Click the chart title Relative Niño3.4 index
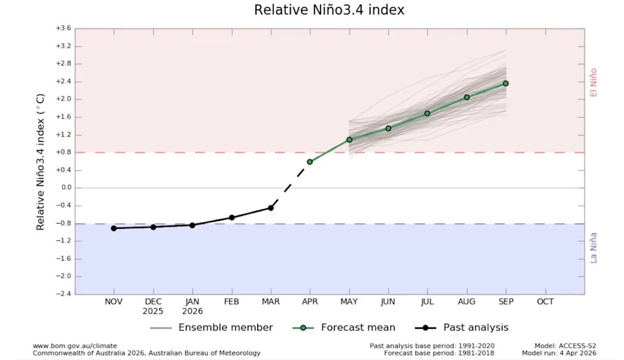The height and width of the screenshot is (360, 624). pyautogui.click(x=330, y=10)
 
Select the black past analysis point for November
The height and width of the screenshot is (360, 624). pyautogui.click(x=114, y=228)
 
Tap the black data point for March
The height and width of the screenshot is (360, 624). pyautogui.click(x=270, y=208)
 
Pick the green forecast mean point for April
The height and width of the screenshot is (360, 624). pyautogui.click(x=309, y=162)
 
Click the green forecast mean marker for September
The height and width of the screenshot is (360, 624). pyautogui.click(x=506, y=83)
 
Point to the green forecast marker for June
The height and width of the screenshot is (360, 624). pyautogui.click(x=388, y=128)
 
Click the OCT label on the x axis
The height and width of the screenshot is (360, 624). pyautogui.click(x=545, y=302)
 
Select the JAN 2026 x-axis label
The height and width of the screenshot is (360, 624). pyautogui.click(x=192, y=306)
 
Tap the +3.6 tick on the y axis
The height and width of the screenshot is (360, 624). pyautogui.click(x=63, y=29)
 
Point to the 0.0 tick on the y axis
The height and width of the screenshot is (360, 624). pyautogui.click(x=66, y=188)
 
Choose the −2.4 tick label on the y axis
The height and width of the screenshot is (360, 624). pyautogui.click(x=63, y=294)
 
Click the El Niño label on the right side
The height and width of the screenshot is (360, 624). pyautogui.click(x=593, y=83)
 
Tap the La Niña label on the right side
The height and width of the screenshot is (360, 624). pyautogui.click(x=593, y=248)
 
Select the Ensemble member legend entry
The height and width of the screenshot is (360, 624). pyautogui.click(x=225, y=328)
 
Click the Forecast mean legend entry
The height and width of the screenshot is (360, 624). pyautogui.click(x=358, y=328)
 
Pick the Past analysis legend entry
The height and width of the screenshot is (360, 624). pyautogui.click(x=476, y=328)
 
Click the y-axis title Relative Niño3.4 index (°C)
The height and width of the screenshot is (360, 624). pyautogui.click(x=40, y=161)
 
